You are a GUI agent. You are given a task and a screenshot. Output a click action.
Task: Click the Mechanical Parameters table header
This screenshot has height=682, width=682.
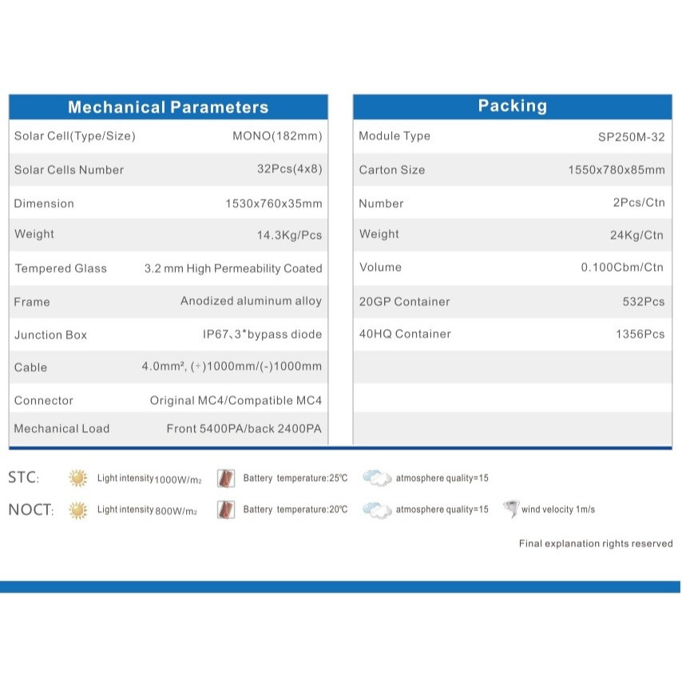tap(168, 107)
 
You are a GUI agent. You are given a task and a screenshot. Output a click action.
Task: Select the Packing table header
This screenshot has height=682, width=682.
tap(512, 106)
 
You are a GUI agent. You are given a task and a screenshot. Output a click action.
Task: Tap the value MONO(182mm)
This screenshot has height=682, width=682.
tap(277, 136)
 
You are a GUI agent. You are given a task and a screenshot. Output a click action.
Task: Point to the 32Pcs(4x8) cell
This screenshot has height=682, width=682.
tap(284, 169)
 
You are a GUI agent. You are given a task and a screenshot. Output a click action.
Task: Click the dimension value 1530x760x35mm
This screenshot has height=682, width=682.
tap(273, 204)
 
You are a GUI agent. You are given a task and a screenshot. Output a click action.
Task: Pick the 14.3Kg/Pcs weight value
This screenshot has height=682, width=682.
tap(289, 235)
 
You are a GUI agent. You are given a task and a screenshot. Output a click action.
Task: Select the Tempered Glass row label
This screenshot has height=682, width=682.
tap(61, 268)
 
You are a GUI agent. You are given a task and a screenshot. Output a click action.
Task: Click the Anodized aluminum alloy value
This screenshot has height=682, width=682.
tap(251, 301)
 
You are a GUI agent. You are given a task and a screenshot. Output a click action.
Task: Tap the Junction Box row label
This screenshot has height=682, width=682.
tap(50, 335)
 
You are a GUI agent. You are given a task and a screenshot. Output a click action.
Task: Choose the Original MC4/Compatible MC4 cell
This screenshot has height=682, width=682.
tap(236, 400)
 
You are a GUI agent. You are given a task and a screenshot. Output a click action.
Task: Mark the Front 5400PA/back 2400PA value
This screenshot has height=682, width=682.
tap(244, 429)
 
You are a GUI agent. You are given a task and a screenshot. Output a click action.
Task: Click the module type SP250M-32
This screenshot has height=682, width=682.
tap(631, 137)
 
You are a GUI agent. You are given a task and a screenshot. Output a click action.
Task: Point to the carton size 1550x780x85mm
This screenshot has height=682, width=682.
tap(616, 170)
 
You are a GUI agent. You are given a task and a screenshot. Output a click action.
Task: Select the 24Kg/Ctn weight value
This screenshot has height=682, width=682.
tap(636, 235)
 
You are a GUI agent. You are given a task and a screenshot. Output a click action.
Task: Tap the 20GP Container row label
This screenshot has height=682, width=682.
tap(404, 301)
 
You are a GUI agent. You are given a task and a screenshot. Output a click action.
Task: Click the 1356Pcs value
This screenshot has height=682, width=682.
tap(640, 335)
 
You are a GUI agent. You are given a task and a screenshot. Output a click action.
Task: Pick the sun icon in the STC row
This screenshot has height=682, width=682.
tap(77, 478)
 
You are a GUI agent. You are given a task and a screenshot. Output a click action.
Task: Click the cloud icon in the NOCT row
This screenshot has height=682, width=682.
tap(377, 510)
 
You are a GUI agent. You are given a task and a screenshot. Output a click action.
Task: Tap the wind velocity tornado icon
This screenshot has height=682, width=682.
tap(510, 509)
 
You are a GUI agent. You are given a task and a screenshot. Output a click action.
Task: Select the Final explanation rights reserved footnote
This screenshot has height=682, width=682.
tap(595, 544)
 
